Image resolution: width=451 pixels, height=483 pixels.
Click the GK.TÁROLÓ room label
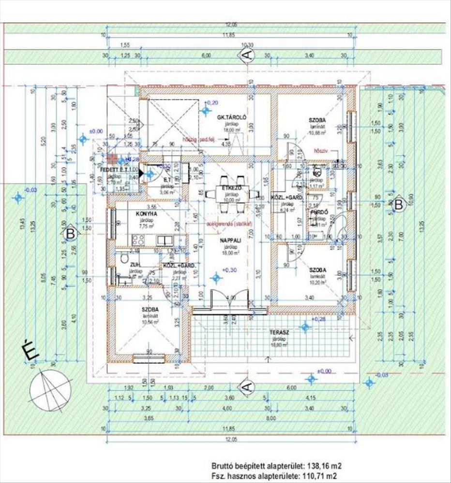(x=232, y=117)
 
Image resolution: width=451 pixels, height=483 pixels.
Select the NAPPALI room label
(x=227, y=240)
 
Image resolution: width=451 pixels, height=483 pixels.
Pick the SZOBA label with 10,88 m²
(x=317, y=120)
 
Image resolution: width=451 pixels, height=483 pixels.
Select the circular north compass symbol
(x=50, y=388)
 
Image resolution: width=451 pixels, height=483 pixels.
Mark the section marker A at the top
(x=247, y=55)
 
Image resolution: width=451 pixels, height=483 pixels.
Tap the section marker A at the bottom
(x=247, y=386)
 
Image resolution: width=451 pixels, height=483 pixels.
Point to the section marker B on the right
(x=399, y=204)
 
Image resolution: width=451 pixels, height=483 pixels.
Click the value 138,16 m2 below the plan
(x=319, y=466)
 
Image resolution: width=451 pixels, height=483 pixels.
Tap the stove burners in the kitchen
(x=138, y=240)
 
